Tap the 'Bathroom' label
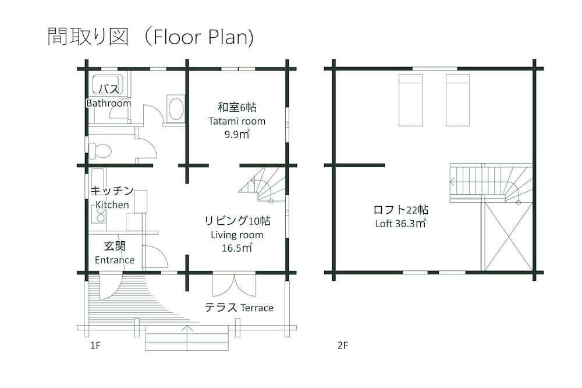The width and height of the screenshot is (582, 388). coord(108,103)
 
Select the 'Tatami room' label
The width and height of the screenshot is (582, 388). coord(237,121)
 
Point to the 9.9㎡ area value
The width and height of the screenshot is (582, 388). coord(237,135)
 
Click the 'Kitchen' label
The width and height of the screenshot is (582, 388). coord(112,204)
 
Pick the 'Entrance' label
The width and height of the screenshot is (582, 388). coord(115,260)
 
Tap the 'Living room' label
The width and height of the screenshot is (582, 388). coord(237,235)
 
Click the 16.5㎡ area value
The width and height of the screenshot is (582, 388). coord(237,248)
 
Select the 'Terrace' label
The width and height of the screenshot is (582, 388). coord(254,308)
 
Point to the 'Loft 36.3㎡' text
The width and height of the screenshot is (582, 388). coord(401,223)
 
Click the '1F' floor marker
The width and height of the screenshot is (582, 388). coord(95,345)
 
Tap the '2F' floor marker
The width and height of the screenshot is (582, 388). coord(343,345)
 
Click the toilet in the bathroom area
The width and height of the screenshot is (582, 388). coord(100,150)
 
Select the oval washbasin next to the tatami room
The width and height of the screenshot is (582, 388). coord(175,108)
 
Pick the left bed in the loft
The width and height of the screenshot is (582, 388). coord(411,100)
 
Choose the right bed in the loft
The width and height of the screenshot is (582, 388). coord(457,100)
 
